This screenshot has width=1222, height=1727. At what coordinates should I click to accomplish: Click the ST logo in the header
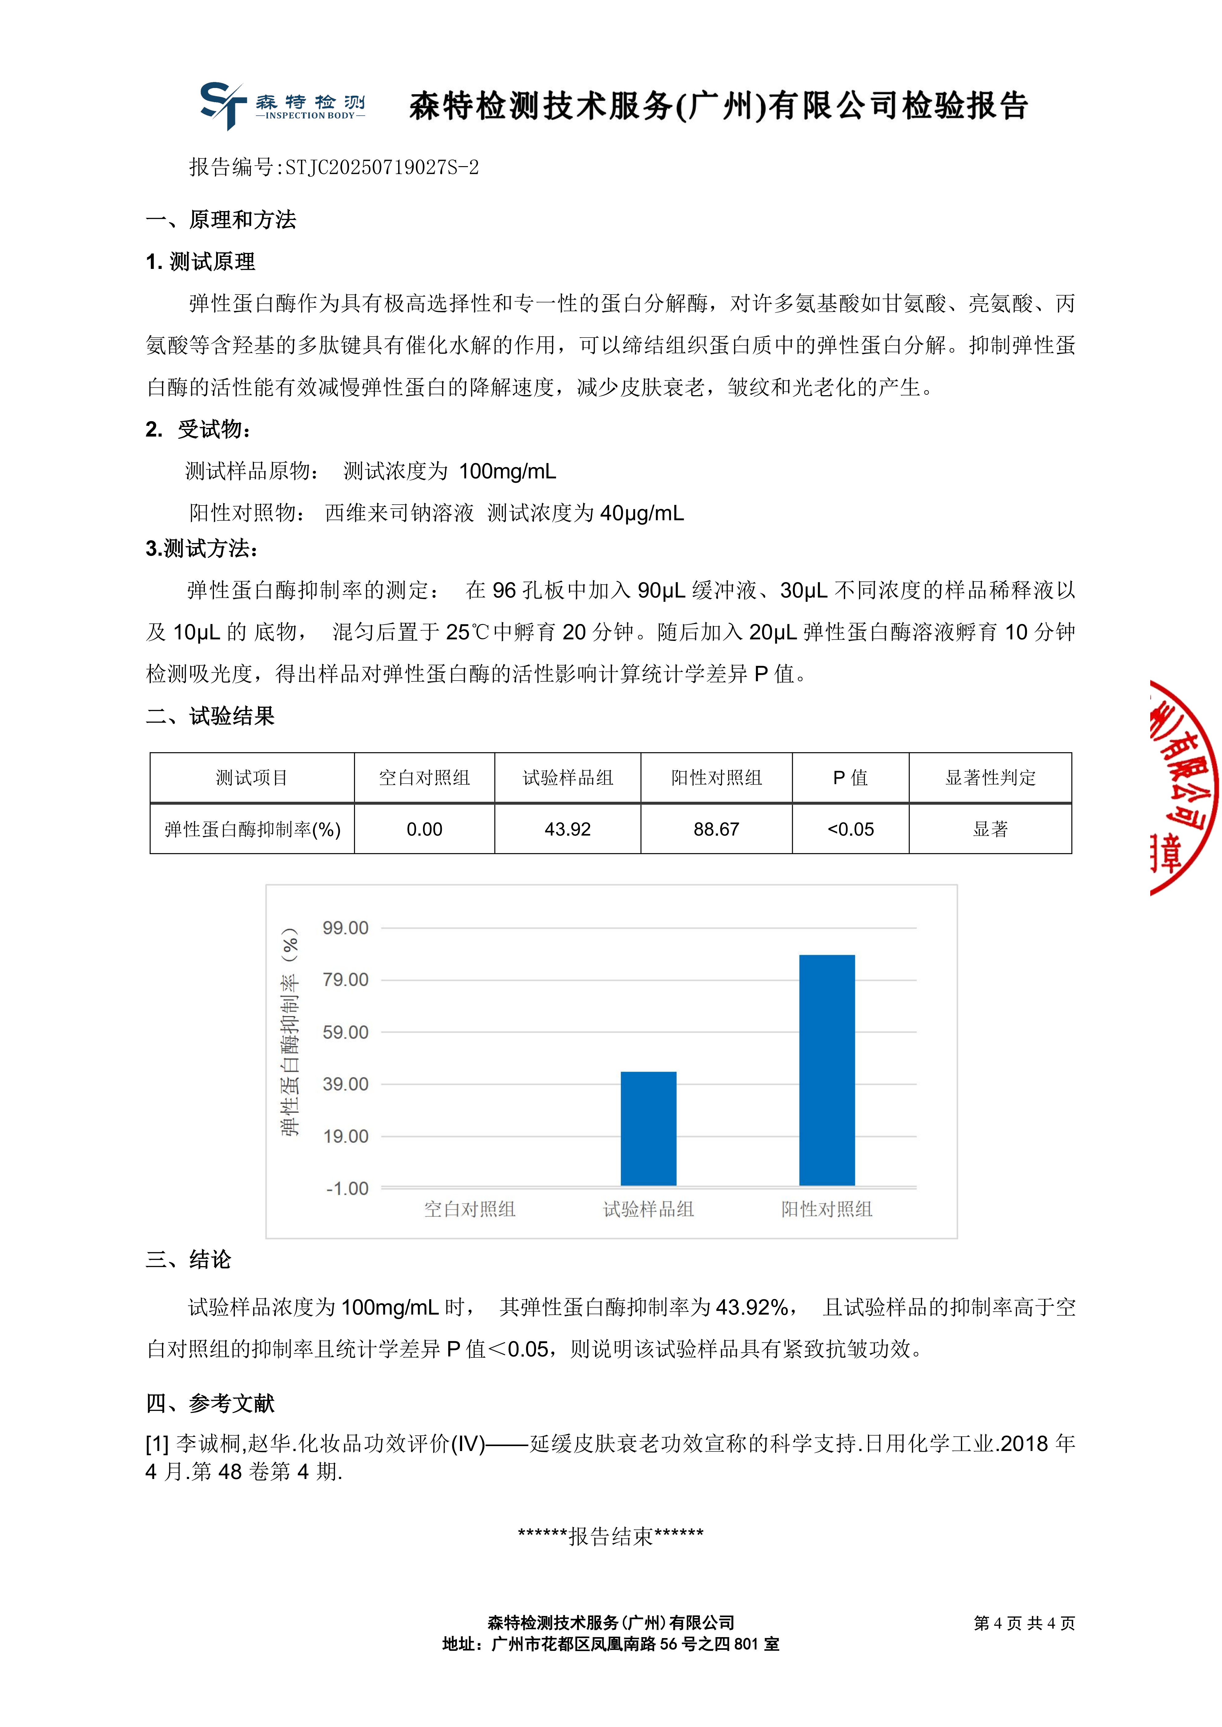click(223, 105)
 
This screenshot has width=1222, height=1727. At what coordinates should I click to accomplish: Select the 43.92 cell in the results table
click(567, 829)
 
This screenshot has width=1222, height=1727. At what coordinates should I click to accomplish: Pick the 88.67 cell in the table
click(716, 829)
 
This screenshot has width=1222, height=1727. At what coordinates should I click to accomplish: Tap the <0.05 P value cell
click(850, 829)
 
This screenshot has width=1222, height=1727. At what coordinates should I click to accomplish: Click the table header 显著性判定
click(990, 778)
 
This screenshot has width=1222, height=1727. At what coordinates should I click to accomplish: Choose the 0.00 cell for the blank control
click(424, 829)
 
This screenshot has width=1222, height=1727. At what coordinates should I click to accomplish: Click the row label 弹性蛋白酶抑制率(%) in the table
click(252, 829)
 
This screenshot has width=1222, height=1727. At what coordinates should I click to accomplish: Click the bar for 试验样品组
click(648, 1128)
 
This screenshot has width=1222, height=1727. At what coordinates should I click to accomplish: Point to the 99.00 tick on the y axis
click(345, 928)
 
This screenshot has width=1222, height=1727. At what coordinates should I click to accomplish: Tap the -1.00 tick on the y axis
click(347, 1189)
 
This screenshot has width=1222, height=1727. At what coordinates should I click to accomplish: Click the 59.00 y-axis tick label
click(345, 1032)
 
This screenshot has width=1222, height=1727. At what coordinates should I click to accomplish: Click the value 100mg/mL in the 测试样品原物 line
click(507, 472)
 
